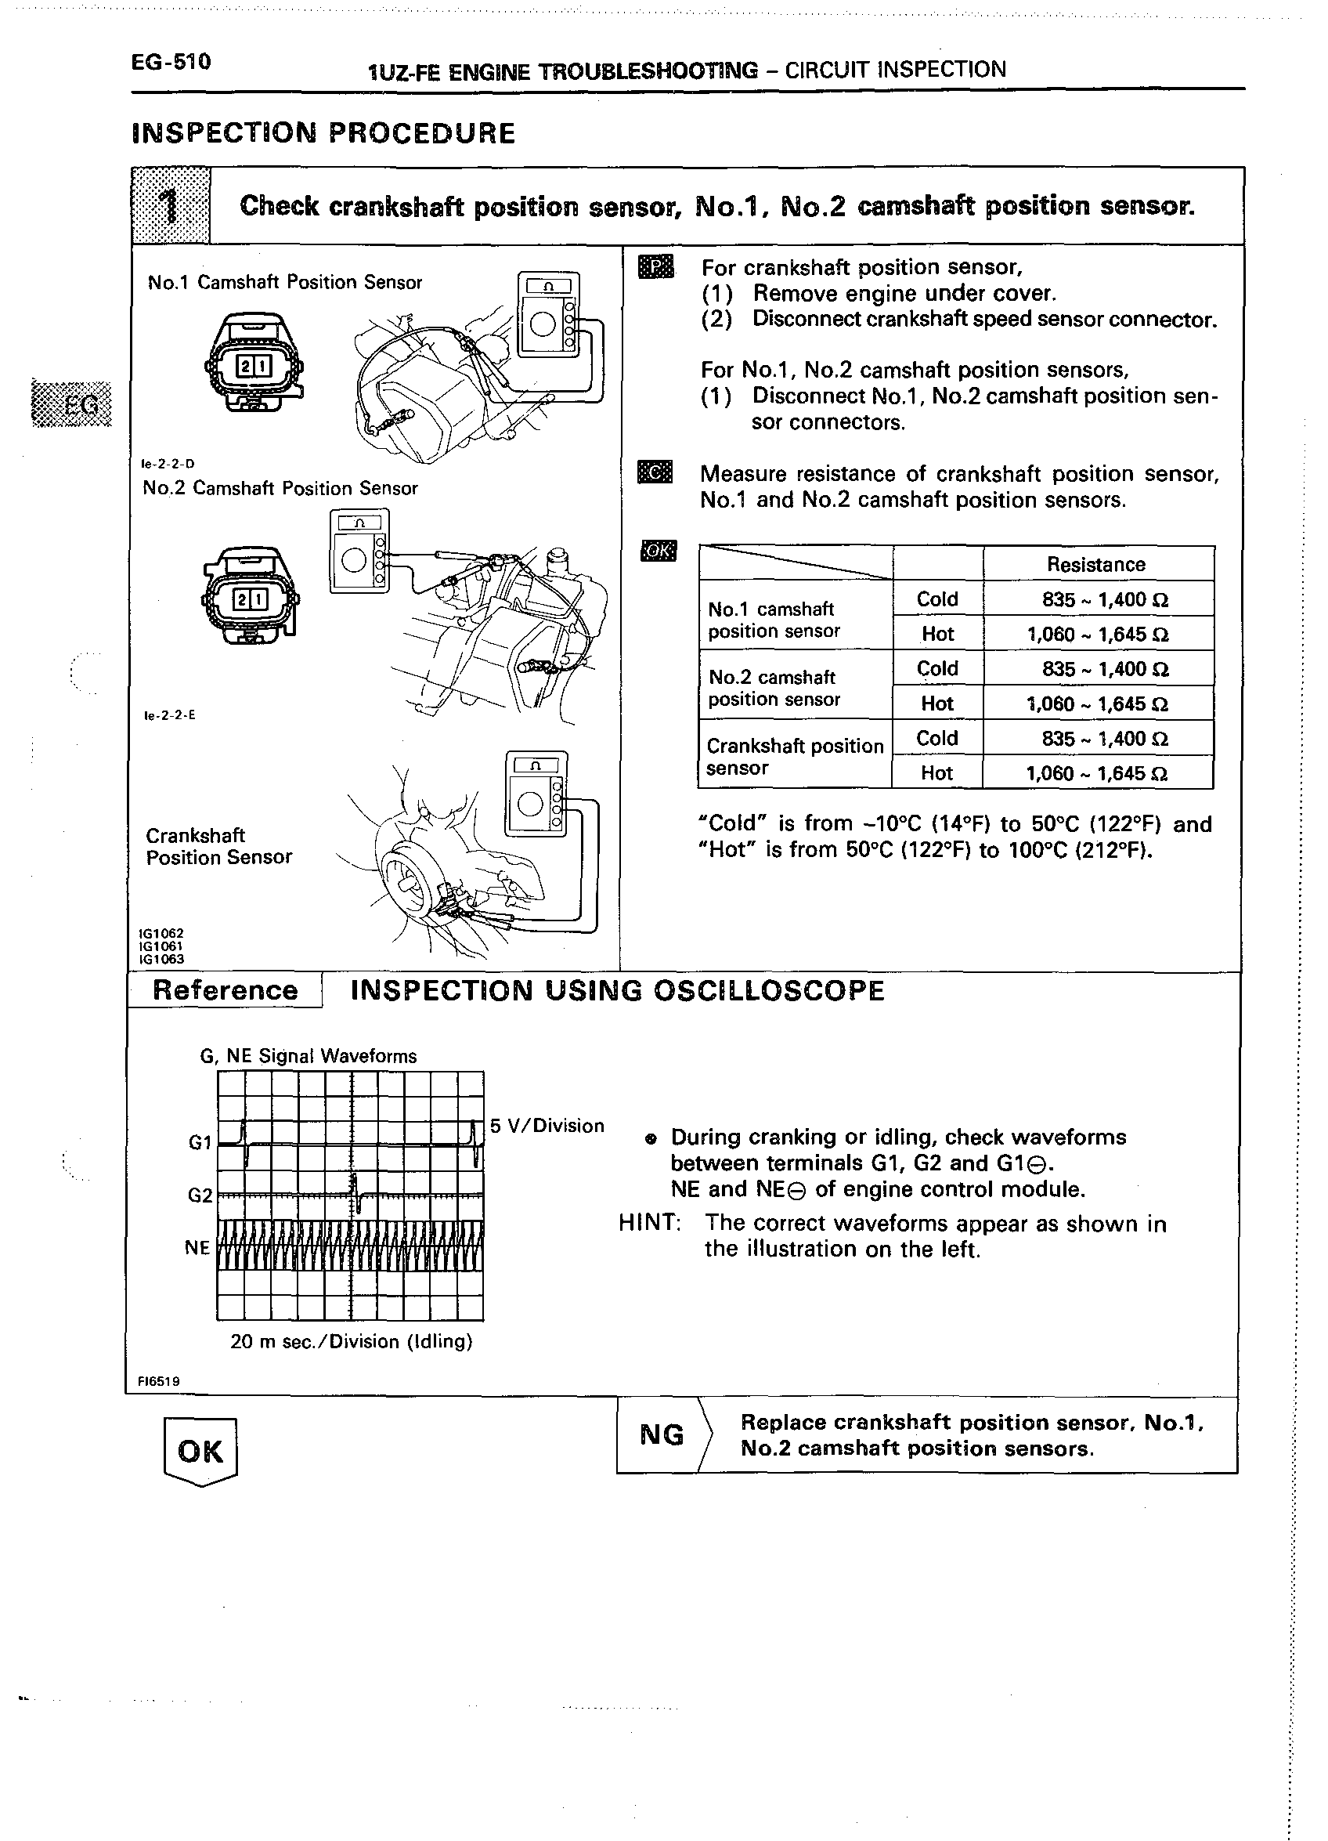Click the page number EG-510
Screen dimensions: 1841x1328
click(171, 62)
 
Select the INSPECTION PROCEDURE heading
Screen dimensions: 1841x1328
click(323, 133)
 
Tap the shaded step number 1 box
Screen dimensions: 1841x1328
click(171, 205)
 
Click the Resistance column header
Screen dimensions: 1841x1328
click(1095, 564)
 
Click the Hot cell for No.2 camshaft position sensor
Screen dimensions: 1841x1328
click(937, 703)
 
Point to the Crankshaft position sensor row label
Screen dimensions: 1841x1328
click(794, 757)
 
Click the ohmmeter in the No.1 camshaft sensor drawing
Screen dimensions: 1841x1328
click(549, 315)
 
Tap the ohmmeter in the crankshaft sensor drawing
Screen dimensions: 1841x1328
click(536, 794)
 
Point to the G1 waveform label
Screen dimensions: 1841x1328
click(200, 1143)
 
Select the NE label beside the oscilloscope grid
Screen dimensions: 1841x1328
click(197, 1248)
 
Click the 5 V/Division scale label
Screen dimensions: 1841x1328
click(547, 1126)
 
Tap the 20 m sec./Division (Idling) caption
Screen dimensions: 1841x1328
click(352, 1341)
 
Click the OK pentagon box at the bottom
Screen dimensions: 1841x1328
click(200, 1452)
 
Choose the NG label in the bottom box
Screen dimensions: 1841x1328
click(661, 1434)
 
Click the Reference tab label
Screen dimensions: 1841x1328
click(225, 990)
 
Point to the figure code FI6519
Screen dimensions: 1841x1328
click(159, 1380)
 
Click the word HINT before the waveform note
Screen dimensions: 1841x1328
click(649, 1222)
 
